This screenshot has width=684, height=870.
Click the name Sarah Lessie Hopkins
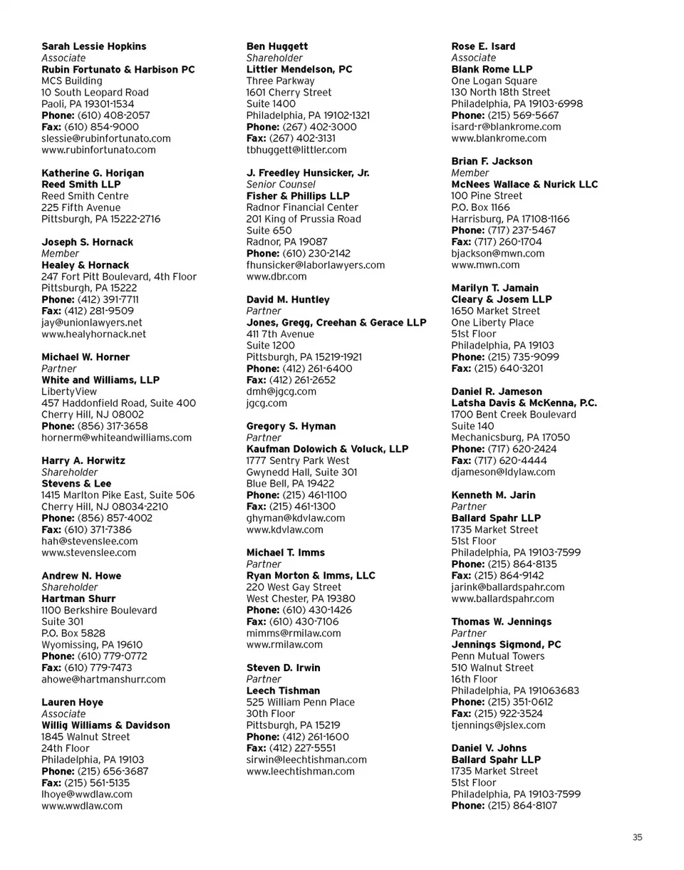pos(93,46)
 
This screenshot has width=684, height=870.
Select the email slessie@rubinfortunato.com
pos(98,138)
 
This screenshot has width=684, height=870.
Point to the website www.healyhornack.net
pos(93,333)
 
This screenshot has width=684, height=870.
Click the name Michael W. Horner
pos(85,357)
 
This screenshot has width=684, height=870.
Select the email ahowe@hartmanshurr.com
pos(103,679)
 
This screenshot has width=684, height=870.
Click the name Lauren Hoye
pos(72,703)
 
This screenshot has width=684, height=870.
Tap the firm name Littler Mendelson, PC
pos(299,69)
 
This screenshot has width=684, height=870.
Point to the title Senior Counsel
pos(281,185)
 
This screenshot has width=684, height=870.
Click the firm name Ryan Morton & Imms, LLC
pos(311,576)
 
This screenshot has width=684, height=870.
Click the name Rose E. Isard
pos(483,46)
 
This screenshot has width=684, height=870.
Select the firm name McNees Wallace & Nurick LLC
pos(524,185)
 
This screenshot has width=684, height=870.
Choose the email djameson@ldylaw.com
pos(503,472)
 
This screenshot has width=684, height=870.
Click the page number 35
pos(637,838)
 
